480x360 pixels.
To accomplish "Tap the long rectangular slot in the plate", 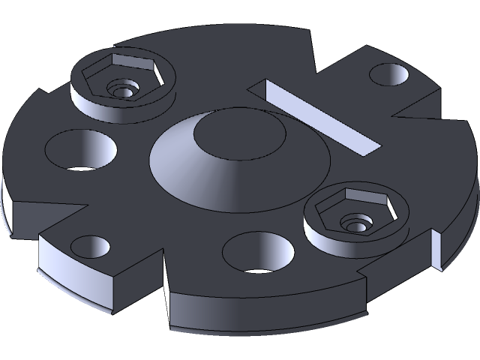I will (x=315, y=115).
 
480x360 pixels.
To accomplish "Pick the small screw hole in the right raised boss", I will (x=352, y=222).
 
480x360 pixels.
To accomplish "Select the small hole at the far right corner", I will (x=388, y=75).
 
